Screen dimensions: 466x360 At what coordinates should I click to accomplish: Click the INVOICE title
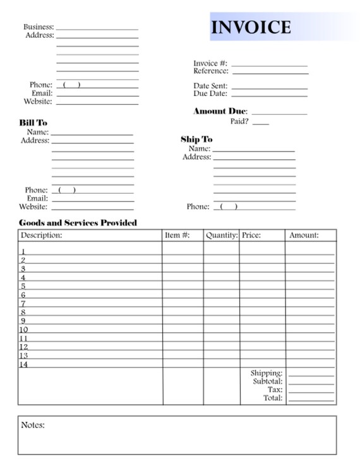pyautogui.click(x=251, y=27)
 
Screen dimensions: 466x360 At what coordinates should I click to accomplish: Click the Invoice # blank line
pyautogui.click(x=269, y=65)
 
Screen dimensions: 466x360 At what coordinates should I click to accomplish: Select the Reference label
pyautogui.click(x=210, y=71)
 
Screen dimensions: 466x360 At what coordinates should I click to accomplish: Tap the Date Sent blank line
pyautogui.click(x=269, y=88)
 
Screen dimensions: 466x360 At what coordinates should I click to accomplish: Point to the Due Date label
pyautogui.click(x=210, y=94)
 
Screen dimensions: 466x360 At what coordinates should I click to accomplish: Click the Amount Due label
pyautogui.click(x=220, y=112)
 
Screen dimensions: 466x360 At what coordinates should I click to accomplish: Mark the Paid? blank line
pyautogui.click(x=260, y=124)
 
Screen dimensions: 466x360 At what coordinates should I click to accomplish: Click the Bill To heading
pyautogui.click(x=33, y=123)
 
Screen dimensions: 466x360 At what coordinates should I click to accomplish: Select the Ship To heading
pyautogui.click(x=196, y=140)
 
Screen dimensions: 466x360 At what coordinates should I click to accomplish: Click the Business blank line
pyautogui.click(x=97, y=29)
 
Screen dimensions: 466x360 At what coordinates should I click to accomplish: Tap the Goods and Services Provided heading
pyautogui.click(x=78, y=223)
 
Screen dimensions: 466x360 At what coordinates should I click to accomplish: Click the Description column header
pyautogui.click(x=42, y=236)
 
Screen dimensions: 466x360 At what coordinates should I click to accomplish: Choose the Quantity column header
pyautogui.click(x=221, y=236)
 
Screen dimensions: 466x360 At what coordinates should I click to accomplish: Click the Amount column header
pyautogui.click(x=304, y=236)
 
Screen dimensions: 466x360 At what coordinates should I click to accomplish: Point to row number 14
pyautogui.click(x=24, y=364)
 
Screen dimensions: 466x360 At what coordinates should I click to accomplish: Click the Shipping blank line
pyautogui.click(x=311, y=376)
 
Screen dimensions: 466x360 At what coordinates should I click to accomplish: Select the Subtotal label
pyautogui.click(x=267, y=382)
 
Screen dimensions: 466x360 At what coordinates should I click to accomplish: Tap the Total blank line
pyautogui.click(x=311, y=400)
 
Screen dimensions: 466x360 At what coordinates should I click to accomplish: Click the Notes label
pyautogui.click(x=33, y=426)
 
